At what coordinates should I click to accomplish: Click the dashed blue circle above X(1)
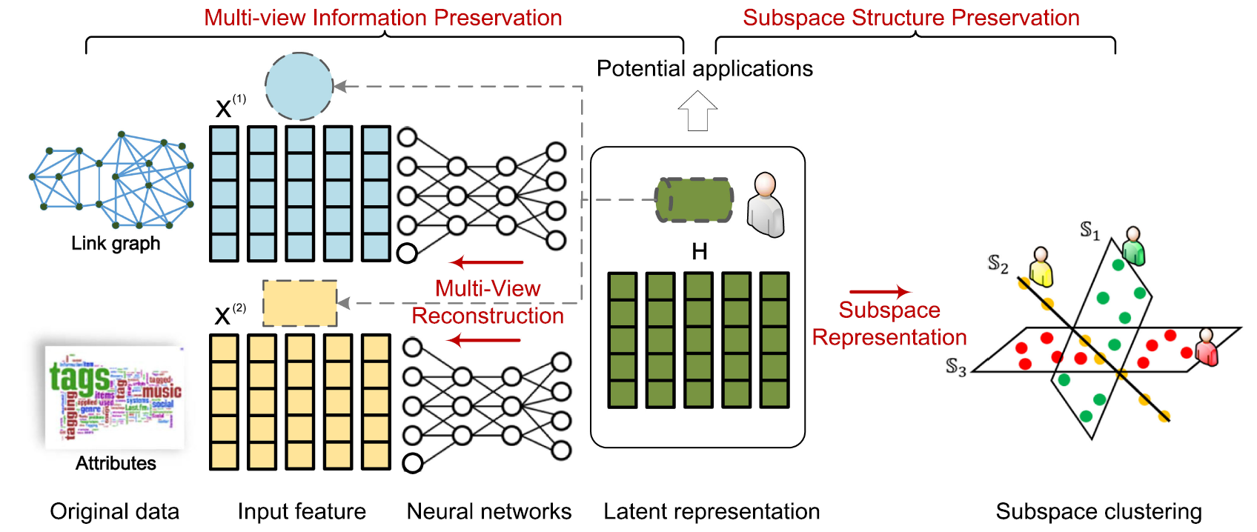tap(299, 86)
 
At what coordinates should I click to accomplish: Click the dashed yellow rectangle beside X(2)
tap(299, 303)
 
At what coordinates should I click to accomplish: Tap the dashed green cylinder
tap(694, 199)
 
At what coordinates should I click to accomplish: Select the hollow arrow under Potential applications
tap(697, 110)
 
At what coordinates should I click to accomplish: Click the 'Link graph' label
tap(116, 243)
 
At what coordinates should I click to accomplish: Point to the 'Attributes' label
tap(116, 463)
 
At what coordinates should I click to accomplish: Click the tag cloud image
tap(114, 396)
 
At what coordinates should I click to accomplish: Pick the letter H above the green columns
tap(699, 252)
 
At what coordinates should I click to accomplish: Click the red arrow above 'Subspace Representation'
tap(879, 292)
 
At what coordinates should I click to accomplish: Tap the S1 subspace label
tap(1089, 230)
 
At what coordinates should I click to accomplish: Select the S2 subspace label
tap(998, 264)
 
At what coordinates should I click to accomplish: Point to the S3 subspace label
tap(955, 367)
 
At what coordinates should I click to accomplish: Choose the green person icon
tap(1132, 246)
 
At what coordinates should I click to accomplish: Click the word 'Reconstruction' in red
tap(487, 316)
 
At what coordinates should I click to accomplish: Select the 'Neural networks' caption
tap(488, 511)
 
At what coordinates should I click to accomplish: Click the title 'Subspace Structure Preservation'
tap(911, 18)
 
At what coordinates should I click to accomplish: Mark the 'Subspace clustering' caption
tap(1098, 511)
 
